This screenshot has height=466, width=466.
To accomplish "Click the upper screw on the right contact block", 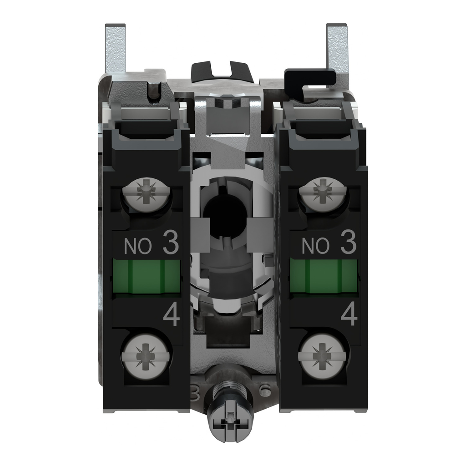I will tap(323, 193).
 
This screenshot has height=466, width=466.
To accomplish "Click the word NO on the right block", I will tap(315, 247).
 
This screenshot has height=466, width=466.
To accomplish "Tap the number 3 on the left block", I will tap(170, 245).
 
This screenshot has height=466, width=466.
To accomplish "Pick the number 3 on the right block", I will tap(348, 245).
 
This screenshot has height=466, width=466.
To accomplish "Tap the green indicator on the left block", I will tap(146, 276).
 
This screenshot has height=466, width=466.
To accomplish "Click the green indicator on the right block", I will tap(324, 276).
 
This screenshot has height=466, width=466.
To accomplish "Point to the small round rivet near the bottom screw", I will tap(265, 390).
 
